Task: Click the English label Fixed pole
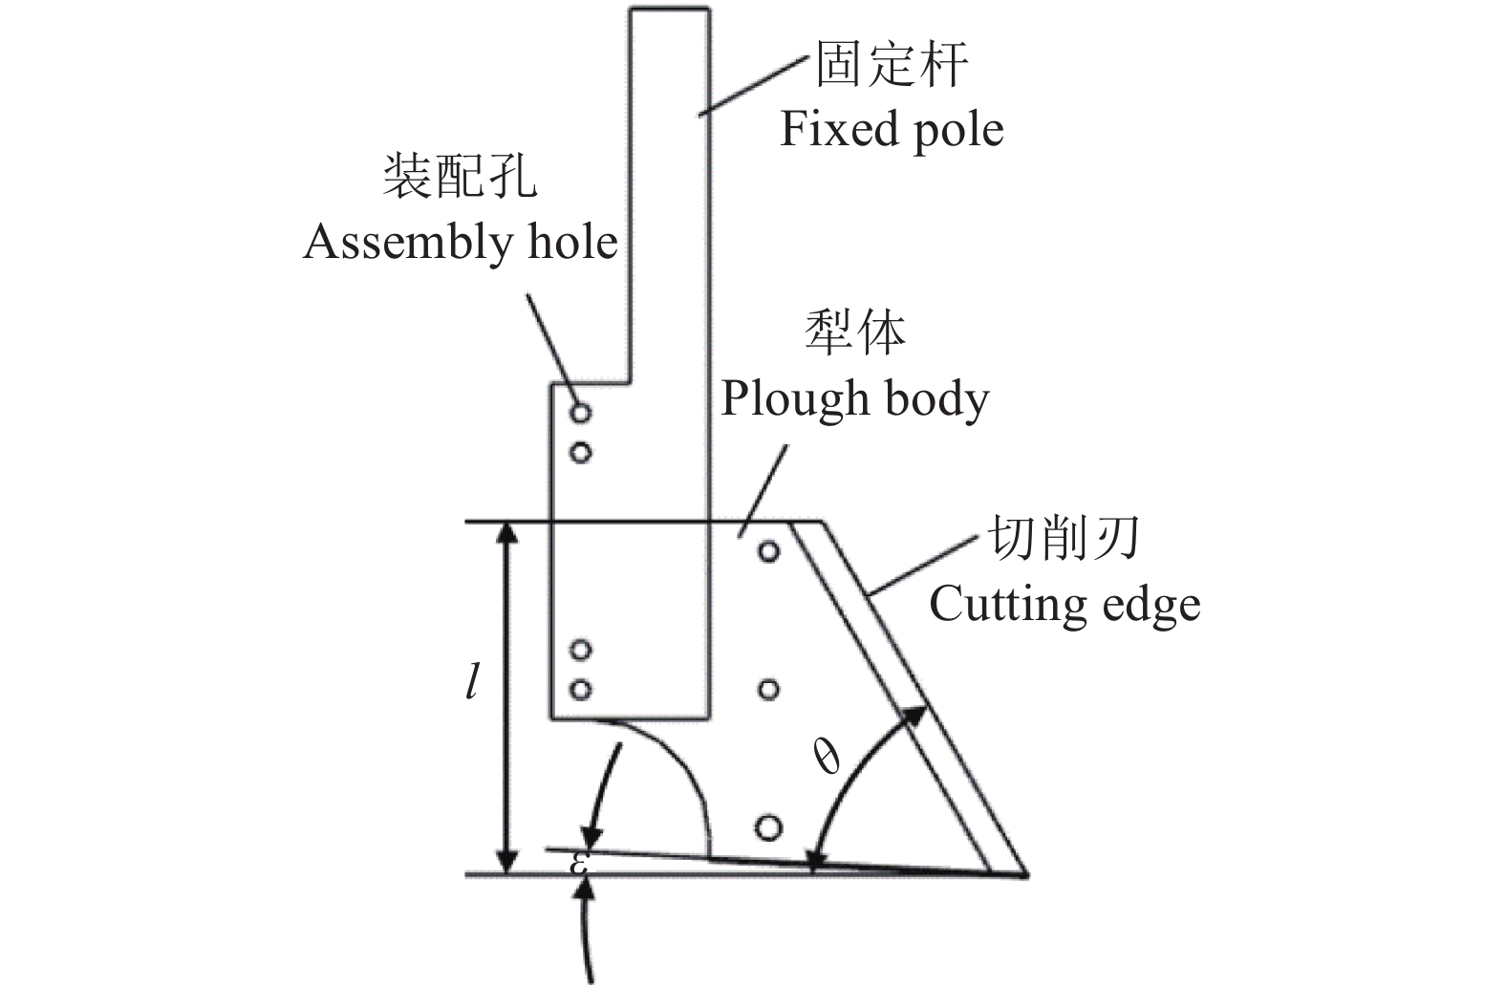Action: point(892,129)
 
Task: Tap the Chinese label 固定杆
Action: point(891,65)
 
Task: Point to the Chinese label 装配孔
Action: point(460,177)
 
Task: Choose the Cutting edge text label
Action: point(1064,604)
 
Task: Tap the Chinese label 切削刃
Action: point(1063,540)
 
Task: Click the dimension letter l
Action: point(471,685)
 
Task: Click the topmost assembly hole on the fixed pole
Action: point(580,414)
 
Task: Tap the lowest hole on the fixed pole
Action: point(579,689)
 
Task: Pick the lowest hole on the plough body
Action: point(767,827)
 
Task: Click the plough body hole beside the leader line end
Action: point(768,551)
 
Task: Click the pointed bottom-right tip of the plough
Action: point(1025,874)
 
